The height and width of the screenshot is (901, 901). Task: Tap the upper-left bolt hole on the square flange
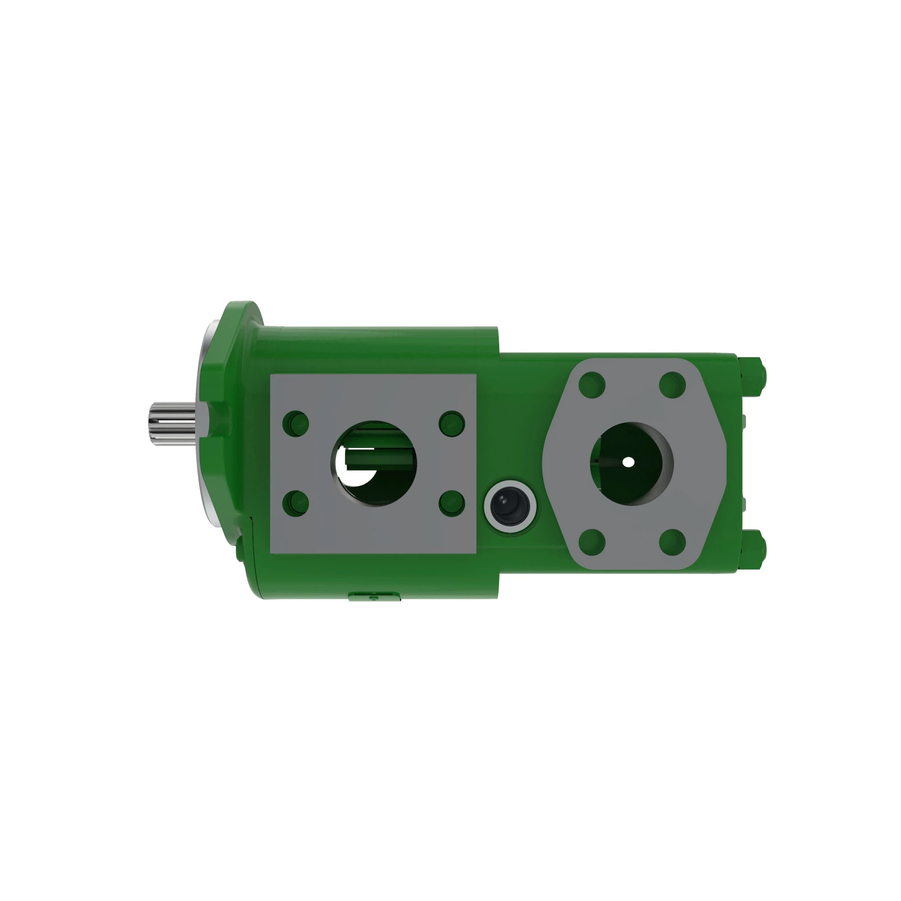[x=296, y=423]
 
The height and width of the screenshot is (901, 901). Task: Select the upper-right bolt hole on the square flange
[x=452, y=423]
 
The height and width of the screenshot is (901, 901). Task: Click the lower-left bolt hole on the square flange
[x=296, y=503]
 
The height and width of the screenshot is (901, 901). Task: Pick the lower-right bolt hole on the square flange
[x=452, y=503]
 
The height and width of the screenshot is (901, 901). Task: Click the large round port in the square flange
[x=374, y=463]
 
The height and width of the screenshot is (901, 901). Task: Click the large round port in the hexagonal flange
[x=632, y=464]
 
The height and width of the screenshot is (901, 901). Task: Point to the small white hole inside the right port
[x=628, y=462]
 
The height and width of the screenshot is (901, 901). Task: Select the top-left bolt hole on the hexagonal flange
[x=592, y=385]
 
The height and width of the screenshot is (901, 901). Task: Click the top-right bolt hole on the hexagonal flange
[x=672, y=385]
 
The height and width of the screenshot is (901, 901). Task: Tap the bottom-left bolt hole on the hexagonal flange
[x=592, y=542]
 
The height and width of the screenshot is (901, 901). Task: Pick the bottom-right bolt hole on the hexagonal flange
[x=672, y=542]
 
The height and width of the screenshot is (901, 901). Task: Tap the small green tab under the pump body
[x=374, y=596]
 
